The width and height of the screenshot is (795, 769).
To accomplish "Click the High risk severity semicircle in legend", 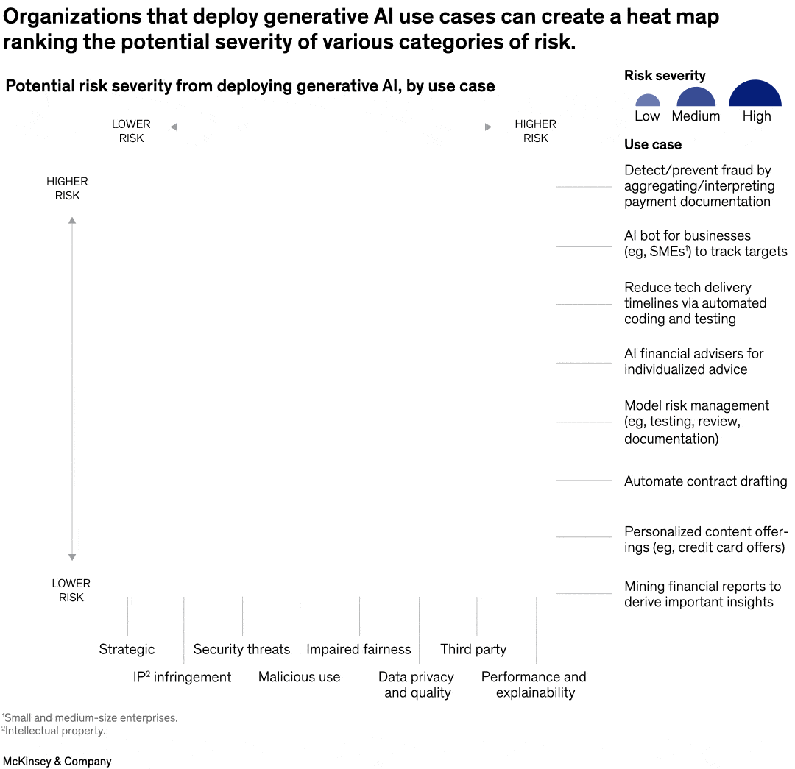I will pos(755,95).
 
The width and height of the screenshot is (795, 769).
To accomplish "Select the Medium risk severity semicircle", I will pos(696,99).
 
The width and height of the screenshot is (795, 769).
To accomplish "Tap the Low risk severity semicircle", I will pos(647,102).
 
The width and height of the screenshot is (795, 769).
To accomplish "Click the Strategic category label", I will pos(127,649).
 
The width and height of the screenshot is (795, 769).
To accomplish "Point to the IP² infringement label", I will pos(182,677).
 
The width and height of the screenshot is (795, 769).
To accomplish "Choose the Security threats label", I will pos(241,649).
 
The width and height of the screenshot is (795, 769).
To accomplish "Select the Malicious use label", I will pos(299,677).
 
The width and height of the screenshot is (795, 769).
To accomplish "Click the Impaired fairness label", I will pos(358,649).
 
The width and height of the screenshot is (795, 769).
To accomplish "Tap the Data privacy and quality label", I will pos(416,684).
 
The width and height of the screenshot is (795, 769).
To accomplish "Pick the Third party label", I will pos(473,649).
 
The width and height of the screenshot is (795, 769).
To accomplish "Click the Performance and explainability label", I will pos(534,684).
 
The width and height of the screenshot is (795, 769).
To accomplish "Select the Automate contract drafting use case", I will pos(705,481).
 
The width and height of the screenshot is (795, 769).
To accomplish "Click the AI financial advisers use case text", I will pos(693,361).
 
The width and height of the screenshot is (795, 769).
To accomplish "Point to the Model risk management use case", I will pos(696,422).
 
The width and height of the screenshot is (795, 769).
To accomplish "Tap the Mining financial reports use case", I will pos(702,594).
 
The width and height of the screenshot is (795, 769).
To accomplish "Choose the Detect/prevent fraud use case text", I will pos(698,185).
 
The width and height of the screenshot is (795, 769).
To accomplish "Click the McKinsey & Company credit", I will pos(57,761).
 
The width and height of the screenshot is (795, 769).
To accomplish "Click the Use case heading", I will pos(653,144).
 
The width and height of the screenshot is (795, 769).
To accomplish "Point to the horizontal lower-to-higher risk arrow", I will pos(331,127).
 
